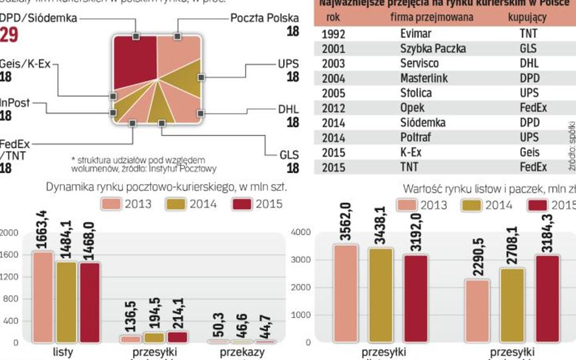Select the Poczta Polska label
(264, 18)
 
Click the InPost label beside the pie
(15, 103)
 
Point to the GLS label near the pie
(289, 155)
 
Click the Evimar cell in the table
(416, 34)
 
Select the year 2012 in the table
(333, 108)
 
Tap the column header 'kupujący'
(527, 18)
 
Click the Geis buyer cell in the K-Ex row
(529, 152)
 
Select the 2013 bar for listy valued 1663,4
(43, 297)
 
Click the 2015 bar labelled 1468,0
(89, 302)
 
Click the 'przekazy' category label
(242, 352)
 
